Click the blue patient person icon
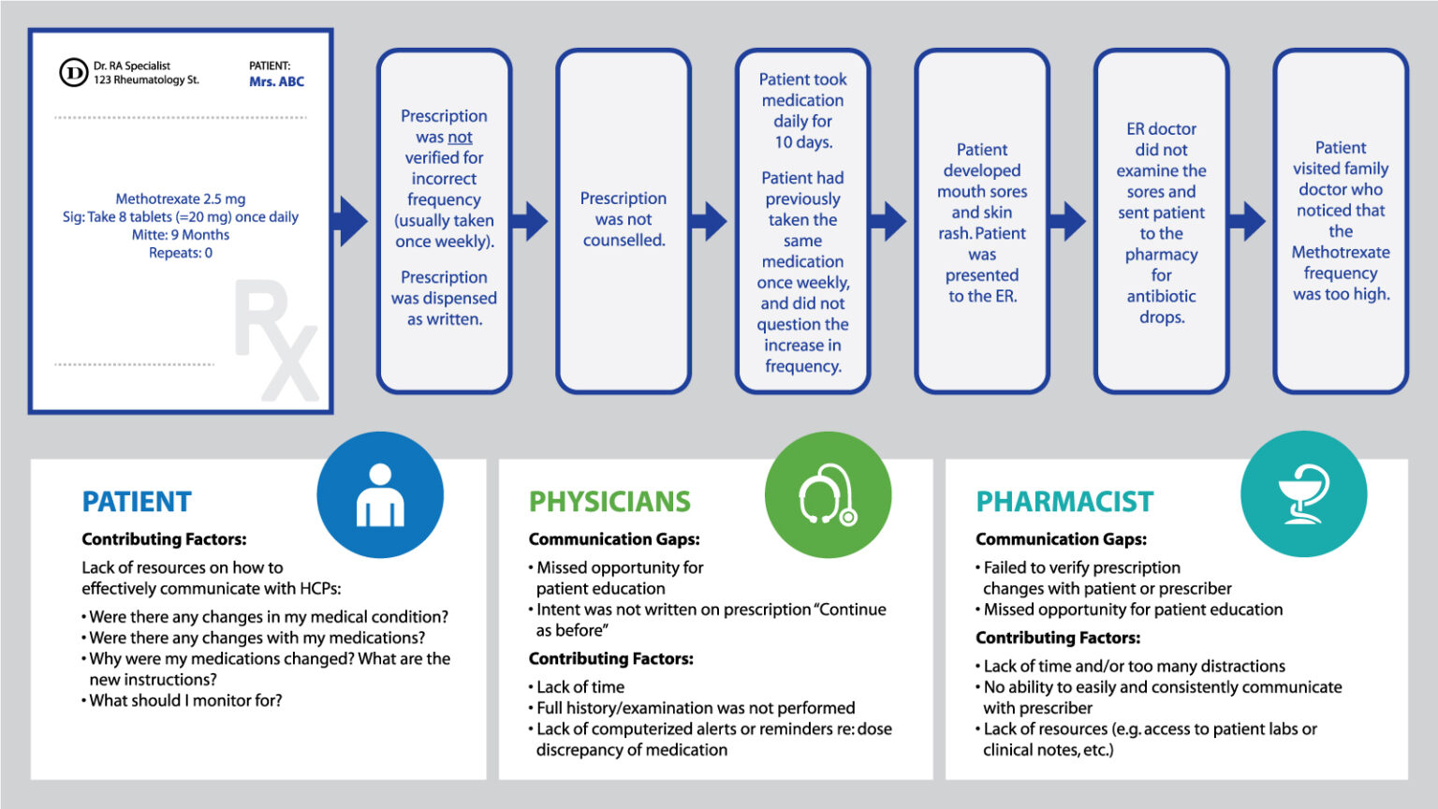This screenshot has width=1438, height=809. [x=380, y=494]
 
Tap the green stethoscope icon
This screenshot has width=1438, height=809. [x=828, y=494]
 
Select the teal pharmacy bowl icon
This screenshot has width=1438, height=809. [x=1303, y=494]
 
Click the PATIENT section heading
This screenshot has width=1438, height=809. [x=137, y=502]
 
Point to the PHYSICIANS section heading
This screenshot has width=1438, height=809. [x=609, y=502]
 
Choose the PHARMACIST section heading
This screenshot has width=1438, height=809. [x=1064, y=502]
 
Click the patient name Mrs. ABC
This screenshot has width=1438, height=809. [x=276, y=81]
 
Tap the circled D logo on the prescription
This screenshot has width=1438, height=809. [x=73, y=72]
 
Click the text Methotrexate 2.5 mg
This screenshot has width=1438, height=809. [x=181, y=199]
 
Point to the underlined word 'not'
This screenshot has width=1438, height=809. [x=460, y=138]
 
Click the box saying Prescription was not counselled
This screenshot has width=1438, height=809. [x=624, y=220]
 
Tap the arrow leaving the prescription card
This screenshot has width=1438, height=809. [x=352, y=221]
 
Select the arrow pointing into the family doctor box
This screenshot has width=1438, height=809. [x=1247, y=221]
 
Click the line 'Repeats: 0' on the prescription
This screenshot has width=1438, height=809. [x=181, y=253]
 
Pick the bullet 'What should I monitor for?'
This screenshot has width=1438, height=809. [x=185, y=700]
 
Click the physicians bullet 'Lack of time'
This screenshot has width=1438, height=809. [x=580, y=686]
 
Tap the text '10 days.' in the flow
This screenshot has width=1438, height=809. [x=803, y=142]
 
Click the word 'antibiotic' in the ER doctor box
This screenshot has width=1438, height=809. [x=1161, y=296]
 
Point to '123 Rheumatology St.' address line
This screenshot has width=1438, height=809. [x=146, y=81]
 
